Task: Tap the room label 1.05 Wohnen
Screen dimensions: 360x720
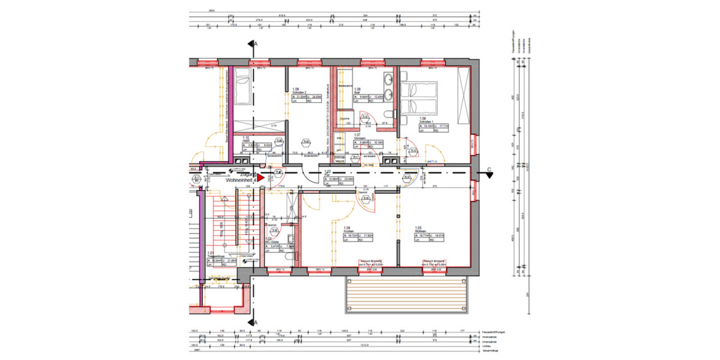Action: coord(420,230)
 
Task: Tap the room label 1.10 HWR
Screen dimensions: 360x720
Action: coord(246,139)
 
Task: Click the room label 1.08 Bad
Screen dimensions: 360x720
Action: coord(358,92)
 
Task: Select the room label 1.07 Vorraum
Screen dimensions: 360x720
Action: coord(357,137)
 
